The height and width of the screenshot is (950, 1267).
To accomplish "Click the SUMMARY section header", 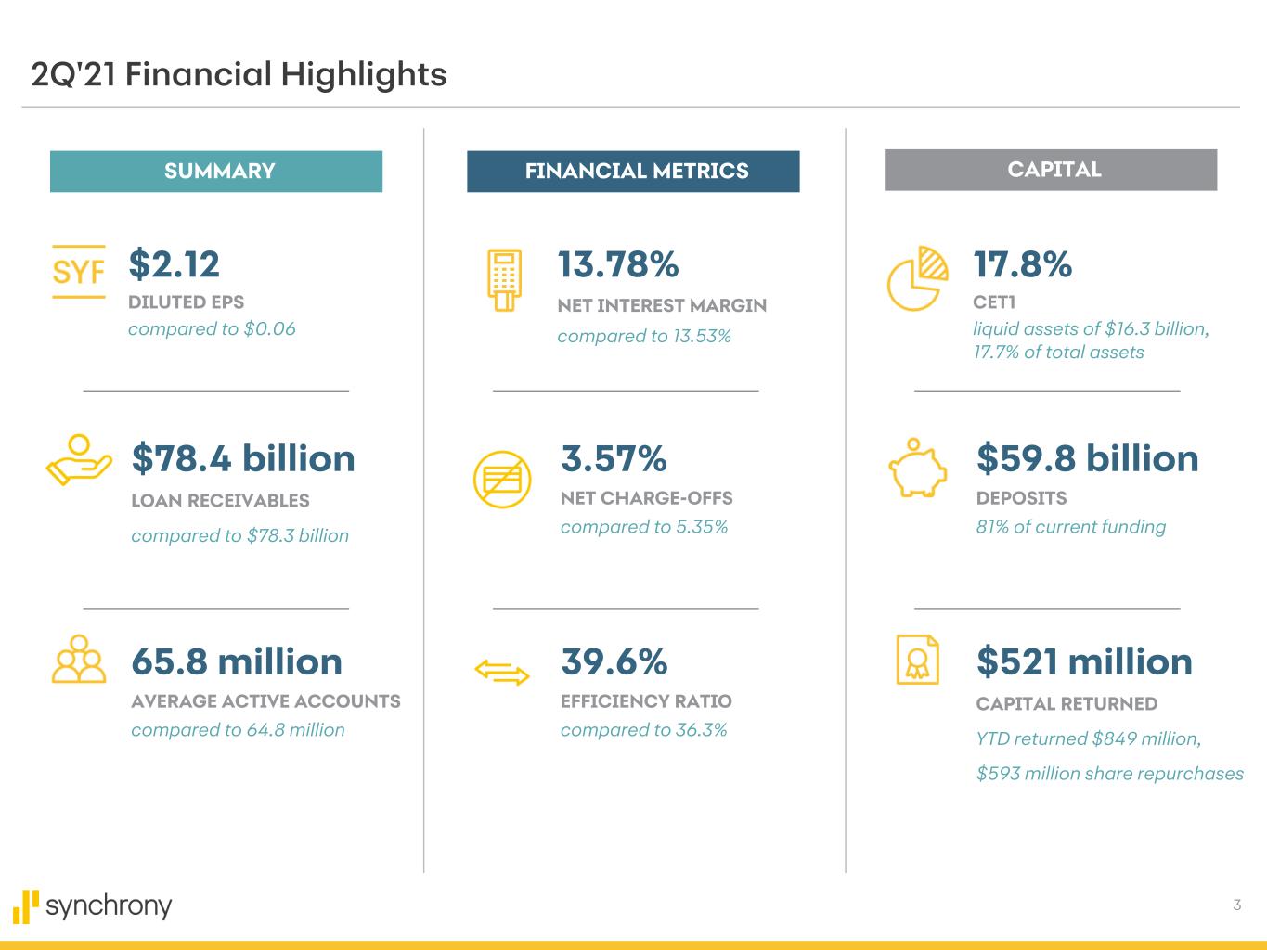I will [x=216, y=172].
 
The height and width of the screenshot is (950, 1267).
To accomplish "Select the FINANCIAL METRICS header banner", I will [x=633, y=172].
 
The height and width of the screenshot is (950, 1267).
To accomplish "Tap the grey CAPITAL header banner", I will [x=1051, y=170].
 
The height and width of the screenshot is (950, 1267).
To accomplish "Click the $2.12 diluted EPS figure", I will [x=175, y=264].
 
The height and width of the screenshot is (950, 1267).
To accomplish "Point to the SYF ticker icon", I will [x=79, y=272].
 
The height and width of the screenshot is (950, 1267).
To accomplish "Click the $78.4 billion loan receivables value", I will [x=243, y=459].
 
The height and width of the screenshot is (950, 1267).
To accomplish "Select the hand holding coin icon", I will [x=79, y=460].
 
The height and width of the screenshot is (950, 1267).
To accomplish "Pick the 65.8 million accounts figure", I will [x=237, y=662].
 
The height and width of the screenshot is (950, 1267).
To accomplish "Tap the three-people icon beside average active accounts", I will [x=80, y=660].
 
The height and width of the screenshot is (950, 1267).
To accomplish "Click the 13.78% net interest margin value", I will [x=618, y=265].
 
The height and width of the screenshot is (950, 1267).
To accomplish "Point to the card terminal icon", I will [x=505, y=279].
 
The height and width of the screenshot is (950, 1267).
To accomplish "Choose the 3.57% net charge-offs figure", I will [x=614, y=459].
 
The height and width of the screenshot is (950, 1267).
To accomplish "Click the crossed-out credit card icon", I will [x=502, y=480].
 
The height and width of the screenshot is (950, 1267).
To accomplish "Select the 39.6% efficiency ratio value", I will [x=614, y=662].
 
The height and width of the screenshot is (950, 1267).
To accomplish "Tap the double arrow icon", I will [x=502, y=672].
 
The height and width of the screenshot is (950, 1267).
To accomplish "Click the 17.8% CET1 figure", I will [x=1022, y=265].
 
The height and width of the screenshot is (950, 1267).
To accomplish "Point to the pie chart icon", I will [x=917, y=278].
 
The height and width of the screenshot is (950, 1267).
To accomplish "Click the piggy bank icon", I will [x=918, y=468].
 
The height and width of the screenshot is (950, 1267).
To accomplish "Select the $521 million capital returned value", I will [x=1084, y=662].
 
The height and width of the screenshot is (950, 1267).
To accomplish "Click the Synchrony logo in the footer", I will [x=93, y=905].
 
